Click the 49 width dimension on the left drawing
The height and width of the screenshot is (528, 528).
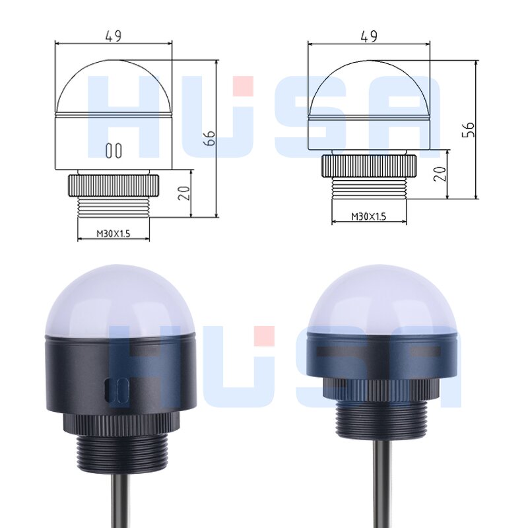(114, 36)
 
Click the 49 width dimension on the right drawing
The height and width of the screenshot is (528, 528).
(369, 36)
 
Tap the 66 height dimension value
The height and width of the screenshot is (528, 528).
(210, 138)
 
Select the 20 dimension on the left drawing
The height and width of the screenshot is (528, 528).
(185, 193)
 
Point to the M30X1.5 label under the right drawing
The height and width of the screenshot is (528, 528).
(368, 216)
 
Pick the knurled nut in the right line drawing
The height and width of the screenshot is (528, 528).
(369, 165)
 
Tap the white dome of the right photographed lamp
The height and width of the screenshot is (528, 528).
(382, 297)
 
